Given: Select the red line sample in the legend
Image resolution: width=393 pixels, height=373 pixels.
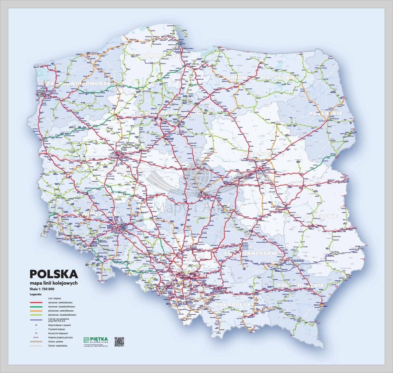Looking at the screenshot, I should [x=36, y=303].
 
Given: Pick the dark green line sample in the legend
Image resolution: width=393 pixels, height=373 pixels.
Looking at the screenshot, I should [x=36, y=307].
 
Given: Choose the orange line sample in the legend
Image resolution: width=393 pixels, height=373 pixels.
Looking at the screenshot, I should [x=36, y=311].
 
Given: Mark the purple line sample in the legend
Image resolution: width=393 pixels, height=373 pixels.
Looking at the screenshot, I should [x=36, y=320].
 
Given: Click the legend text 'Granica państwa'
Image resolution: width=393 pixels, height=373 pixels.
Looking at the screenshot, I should [x=56, y=342].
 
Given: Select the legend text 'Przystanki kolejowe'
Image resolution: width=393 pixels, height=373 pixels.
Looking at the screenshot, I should [x=56, y=329].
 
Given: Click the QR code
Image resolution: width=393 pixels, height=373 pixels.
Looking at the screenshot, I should [x=119, y=342].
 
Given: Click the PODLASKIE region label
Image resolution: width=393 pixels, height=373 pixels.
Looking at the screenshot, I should [x=326, y=113].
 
